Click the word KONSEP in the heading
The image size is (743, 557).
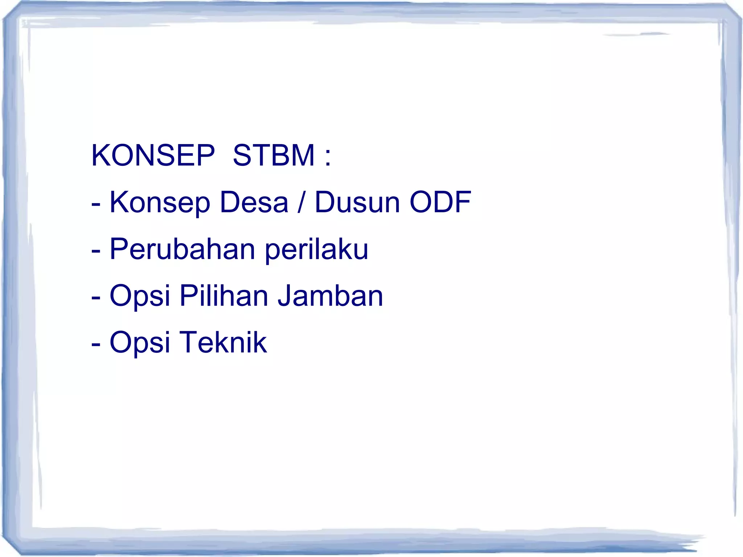click(153, 155)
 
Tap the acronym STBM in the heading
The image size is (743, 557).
click(274, 155)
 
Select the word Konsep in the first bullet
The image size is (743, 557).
click(160, 202)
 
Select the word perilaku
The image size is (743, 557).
click(316, 250)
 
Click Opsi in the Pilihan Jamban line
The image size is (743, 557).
click(140, 296)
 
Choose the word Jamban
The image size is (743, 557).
click(330, 295)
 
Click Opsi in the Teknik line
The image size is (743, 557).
click(140, 343)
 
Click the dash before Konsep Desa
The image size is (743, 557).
click(96, 204)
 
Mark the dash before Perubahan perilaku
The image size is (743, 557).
click(96, 251)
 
